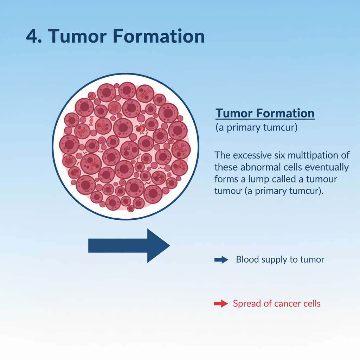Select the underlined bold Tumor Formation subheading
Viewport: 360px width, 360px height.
(265, 114)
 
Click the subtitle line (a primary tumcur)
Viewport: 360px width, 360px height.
(256, 128)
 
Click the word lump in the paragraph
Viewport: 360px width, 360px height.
(257, 179)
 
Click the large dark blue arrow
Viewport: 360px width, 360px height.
(129, 245)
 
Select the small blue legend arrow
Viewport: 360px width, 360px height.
(221, 260)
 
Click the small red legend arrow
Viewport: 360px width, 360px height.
(221, 304)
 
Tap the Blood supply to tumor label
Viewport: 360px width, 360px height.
(280, 260)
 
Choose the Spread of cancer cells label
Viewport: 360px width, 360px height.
(277, 304)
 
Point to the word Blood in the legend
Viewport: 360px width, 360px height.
(247, 260)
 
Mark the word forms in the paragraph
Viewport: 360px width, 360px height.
(225, 179)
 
